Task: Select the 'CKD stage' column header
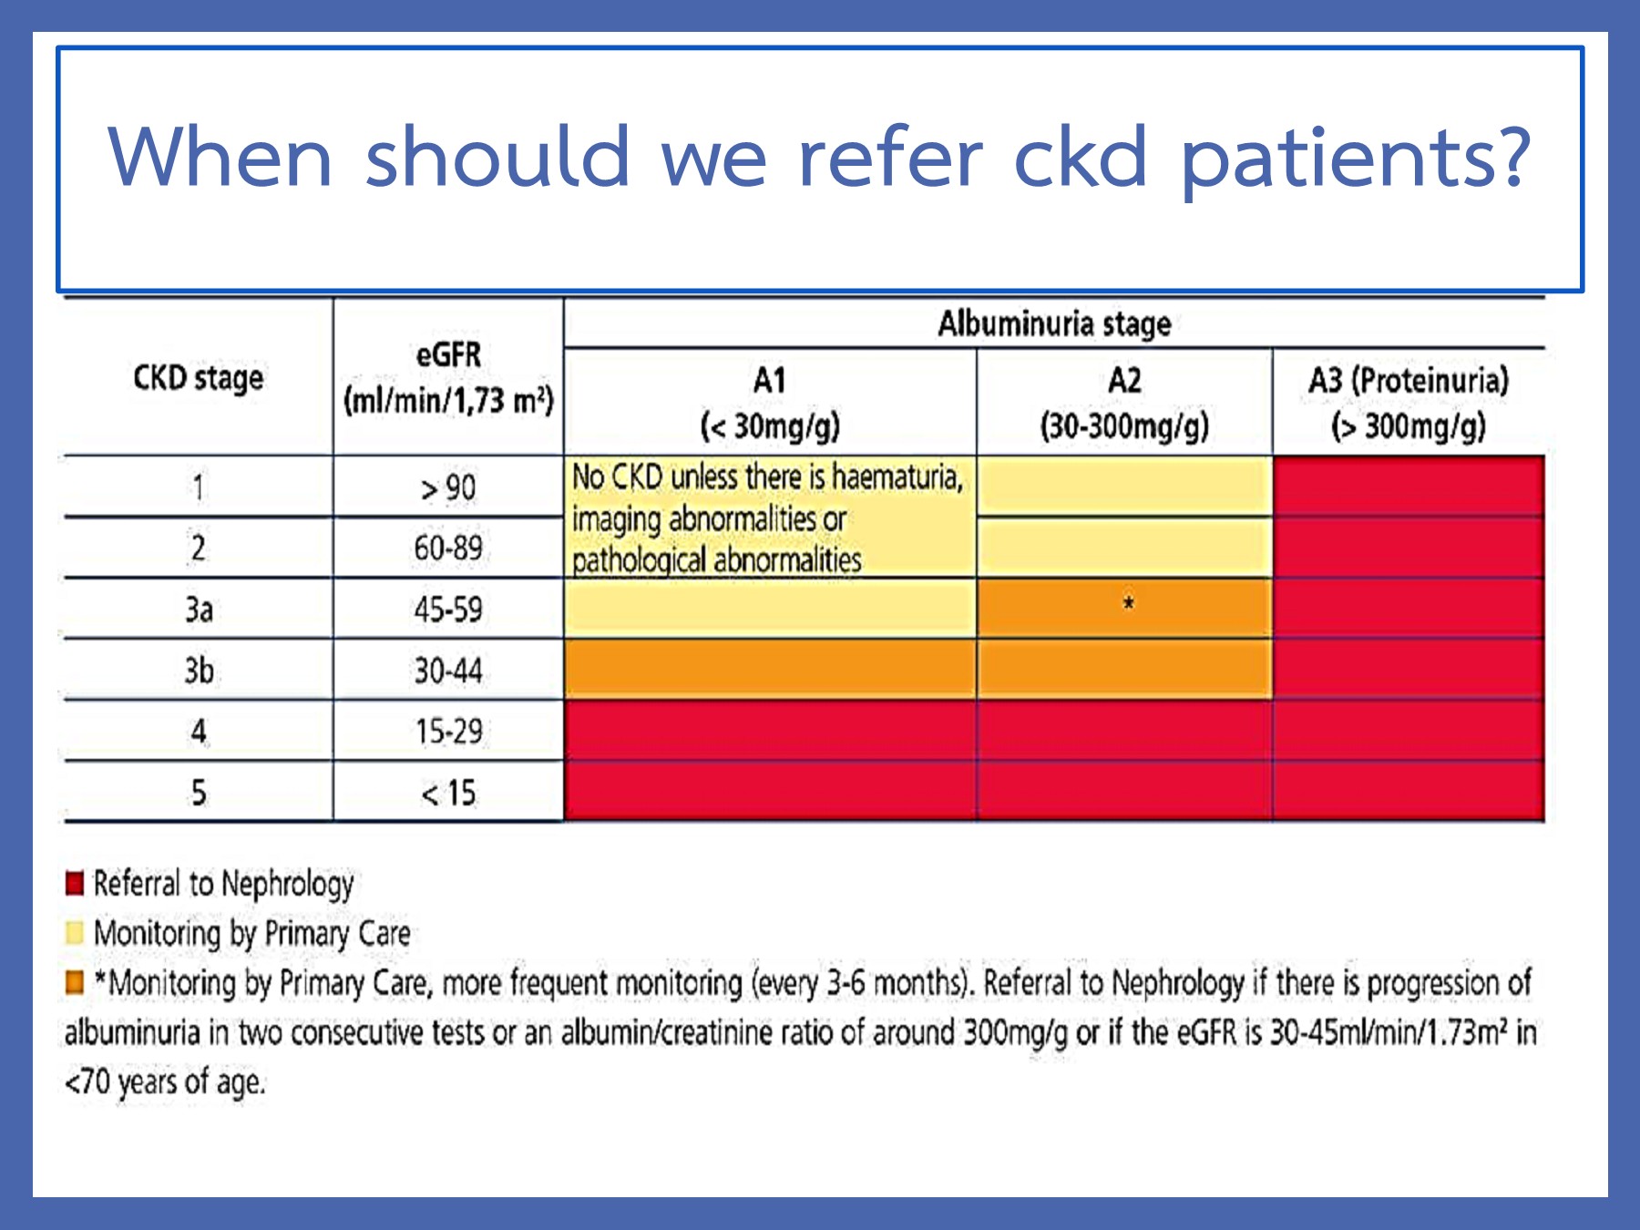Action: [198, 377]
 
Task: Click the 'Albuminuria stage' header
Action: [1054, 323]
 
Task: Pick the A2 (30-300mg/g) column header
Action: [1124, 402]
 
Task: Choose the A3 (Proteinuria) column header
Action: [1409, 402]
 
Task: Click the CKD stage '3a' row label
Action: [199, 609]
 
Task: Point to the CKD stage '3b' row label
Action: [199, 671]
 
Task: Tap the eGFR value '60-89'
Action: [447, 548]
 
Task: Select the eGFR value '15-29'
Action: [448, 732]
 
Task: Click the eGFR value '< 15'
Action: [448, 793]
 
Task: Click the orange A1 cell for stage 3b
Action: [770, 670]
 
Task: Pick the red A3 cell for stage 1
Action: [1409, 487]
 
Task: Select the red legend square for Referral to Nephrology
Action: [75, 883]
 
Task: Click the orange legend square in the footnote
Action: [75, 982]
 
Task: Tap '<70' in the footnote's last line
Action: [87, 1082]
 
